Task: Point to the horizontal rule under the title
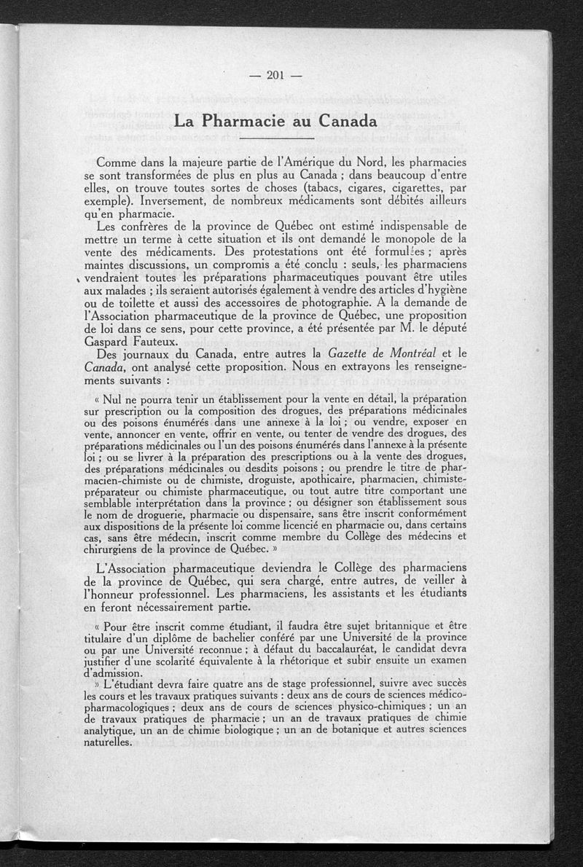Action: tap(275, 138)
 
